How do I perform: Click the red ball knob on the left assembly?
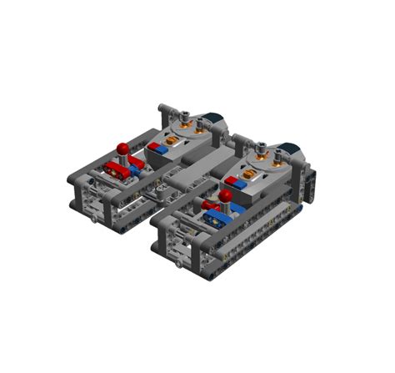point(122,149)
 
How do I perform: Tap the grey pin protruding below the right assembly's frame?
point(178,265)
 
